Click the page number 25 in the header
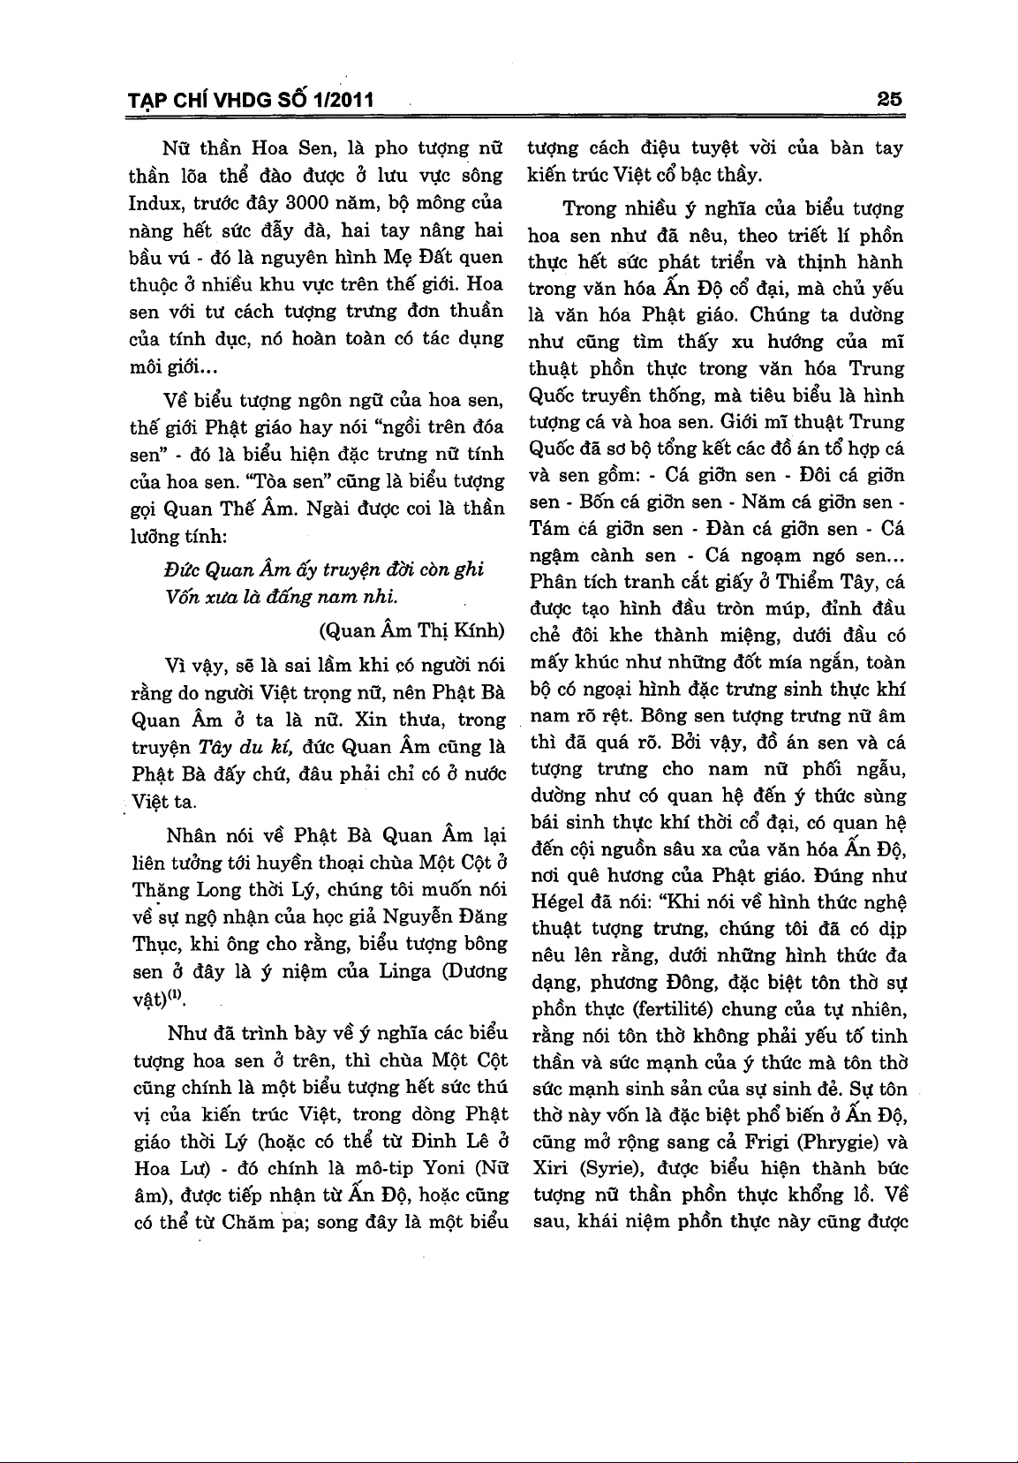tap(889, 100)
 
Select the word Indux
tap(155, 203)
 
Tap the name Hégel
tap(558, 903)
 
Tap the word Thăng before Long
tap(162, 889)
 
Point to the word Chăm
tap(247, 1223)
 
